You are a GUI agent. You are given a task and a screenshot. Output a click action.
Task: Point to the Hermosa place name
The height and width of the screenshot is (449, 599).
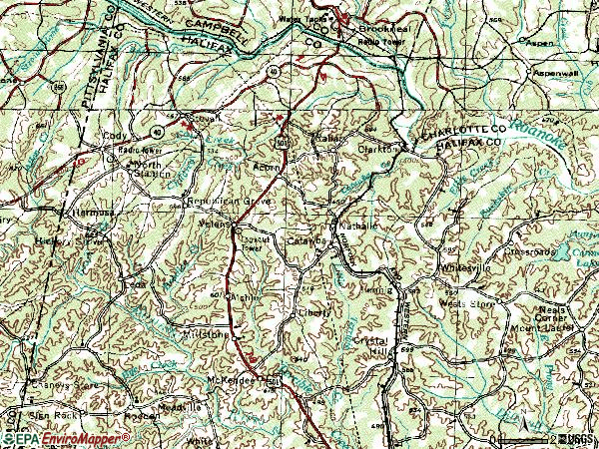89,213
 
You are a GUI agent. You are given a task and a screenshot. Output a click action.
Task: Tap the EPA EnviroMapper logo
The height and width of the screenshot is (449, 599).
64,438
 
